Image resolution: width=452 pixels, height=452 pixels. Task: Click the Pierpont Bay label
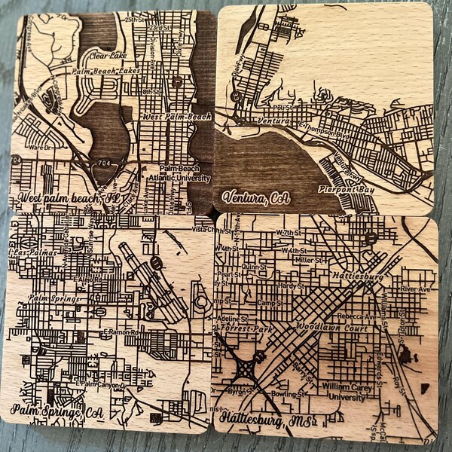click(346, 189)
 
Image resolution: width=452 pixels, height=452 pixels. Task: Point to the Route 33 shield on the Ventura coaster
click(235, 96)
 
